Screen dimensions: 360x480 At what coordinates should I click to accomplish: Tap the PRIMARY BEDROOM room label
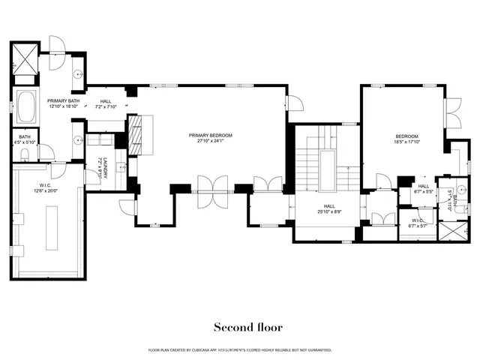coord(210,135)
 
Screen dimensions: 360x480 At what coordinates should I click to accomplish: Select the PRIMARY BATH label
coord(63,100)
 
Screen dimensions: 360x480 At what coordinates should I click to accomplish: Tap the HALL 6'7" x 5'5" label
coord(423,188)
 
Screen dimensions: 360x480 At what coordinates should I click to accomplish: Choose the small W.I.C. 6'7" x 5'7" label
coord(416,221)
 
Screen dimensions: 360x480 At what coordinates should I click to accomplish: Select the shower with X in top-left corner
coord(23,55)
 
